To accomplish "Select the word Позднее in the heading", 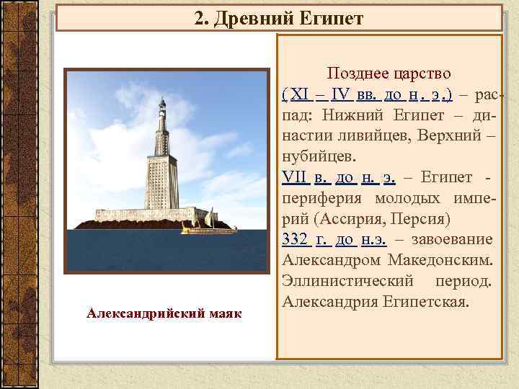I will pos(355,73).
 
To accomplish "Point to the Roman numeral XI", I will pos(298,94).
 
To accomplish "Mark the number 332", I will pos(296,239).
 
